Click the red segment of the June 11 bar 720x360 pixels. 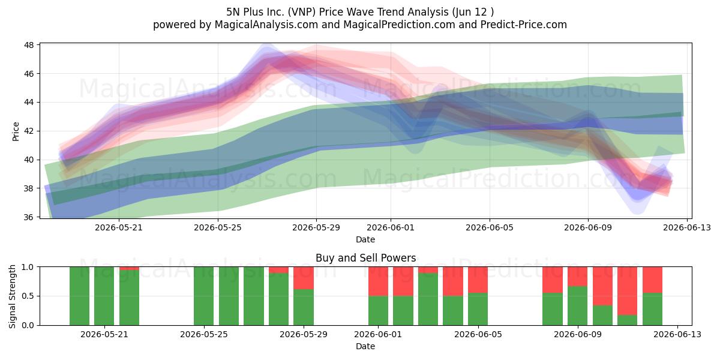(627, 291)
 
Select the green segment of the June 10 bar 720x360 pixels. (602, 316)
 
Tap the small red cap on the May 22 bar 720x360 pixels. (129, 268)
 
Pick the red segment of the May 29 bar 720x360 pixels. (304, 278)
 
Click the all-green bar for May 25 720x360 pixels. (204, 296)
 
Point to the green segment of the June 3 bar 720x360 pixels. (428, 299)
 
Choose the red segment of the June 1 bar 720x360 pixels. (378, 281)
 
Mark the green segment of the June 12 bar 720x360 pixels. (653, 309)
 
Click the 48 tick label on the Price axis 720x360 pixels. (29, 45)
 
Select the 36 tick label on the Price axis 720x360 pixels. (29, 217)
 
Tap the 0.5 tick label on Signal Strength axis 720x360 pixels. (28, 296)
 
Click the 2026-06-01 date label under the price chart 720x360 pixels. (391, 227)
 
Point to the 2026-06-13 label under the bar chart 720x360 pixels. (677, 334)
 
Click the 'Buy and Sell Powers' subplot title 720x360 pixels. (366, 258)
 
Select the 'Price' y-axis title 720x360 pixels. (16, 131)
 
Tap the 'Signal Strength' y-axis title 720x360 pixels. (12, 296)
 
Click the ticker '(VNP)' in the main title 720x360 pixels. (302, 12)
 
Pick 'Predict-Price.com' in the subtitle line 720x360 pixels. (524, 25)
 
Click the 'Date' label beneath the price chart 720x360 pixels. (365, 239)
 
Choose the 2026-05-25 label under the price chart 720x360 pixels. (218, 227)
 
